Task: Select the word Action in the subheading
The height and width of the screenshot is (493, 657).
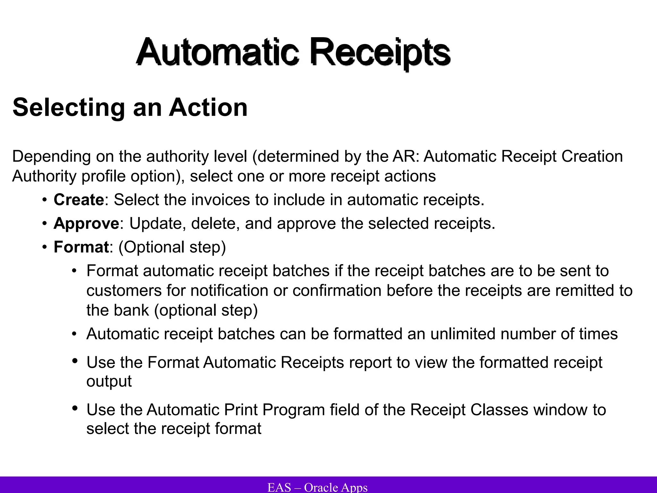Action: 208,108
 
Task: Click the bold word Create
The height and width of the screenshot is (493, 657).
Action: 79,200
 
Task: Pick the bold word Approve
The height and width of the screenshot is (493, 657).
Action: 86,223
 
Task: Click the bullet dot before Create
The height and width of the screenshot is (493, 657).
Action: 44,200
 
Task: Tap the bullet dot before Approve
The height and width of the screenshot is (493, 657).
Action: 44,224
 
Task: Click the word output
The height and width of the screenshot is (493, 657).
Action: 109,382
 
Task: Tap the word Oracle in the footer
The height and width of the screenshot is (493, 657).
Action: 321,487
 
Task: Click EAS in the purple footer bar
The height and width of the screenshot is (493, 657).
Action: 279,487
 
